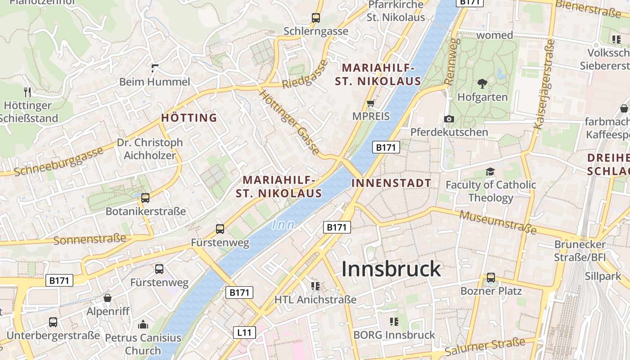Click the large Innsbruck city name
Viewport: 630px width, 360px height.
pyautogui.click(x=391, y=269)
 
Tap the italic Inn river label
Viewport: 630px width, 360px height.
pyautogui.click(x=283, y=225)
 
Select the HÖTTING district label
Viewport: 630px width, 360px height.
pyautogui.click(x=189, y=118)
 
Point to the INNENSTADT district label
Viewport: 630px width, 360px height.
pyautogui.click(x=391, y=183)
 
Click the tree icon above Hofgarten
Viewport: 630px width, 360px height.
pyautogui.click(x=482, y=83)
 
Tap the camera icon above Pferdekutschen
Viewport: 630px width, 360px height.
pyautogui.click(x=449, y=119)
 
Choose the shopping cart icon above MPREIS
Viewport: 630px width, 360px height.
pyautogui.click(x=371, y=103)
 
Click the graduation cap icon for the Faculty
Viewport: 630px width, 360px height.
pyautogui.click(x=490, y=171)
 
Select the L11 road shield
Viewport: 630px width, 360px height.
pyautogui.click(x=244, y=333)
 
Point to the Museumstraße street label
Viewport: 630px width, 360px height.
pyautogui.click(x=498, y=222)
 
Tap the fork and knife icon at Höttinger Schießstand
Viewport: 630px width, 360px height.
pyautogui.click(x=28, y=92)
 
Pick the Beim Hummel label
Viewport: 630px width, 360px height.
pyautogui.click(x=154, y=82)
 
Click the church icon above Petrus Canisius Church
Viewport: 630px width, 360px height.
pyautogui.click(x=143, y=324)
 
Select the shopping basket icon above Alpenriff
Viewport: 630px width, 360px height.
pyautogui.click(x=108, y=298)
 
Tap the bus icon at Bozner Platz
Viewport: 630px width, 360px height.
pyautogui.click(x=490, y=278)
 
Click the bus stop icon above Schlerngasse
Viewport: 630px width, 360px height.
pyautogui.click(x=316, y=18)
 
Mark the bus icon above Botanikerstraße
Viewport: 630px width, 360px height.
pyautogui.click(x=145, y=198)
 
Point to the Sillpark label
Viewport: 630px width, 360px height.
pyautogui.click(x=603, y=276)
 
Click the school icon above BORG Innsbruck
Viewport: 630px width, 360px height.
pyautogui.click(x=394, y=321)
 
